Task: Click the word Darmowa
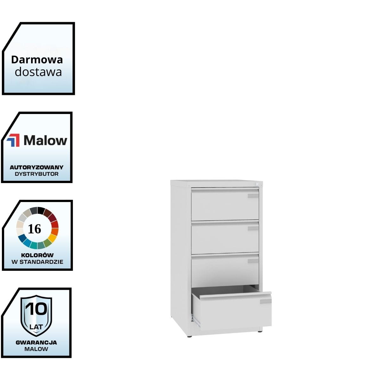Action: (37, 60)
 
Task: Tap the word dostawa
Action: (38, 72)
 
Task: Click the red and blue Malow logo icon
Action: (13, 140)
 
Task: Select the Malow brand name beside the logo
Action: (45, 140)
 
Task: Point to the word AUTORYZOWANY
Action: (37, 167)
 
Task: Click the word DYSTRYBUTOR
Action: (37, 174)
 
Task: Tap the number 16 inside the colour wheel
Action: (35, 229)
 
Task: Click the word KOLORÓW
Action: (37, 255)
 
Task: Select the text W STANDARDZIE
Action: (37, 262)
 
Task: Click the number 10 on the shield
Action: (36, 309)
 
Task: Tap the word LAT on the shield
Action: (36, 326)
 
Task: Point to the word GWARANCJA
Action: (36, 342)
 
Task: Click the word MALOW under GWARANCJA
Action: (36, 349)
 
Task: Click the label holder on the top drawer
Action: (253, 196)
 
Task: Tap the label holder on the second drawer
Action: (253, 228)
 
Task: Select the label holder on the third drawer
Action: (253, 261)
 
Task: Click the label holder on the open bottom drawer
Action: (265, 301)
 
